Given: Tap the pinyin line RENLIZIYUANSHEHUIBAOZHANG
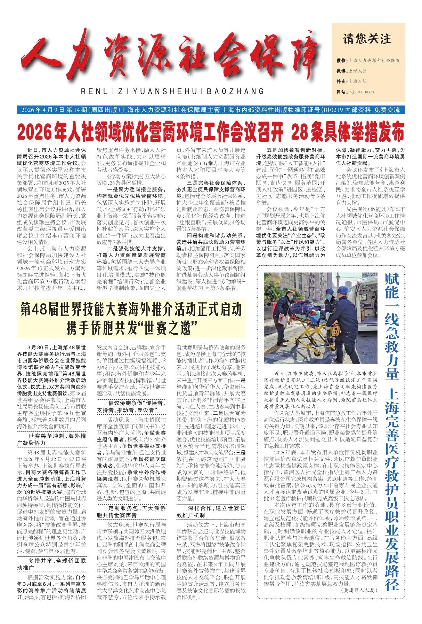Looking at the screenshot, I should tap(172, 92).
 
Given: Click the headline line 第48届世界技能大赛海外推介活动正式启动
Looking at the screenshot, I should tap(130, 309).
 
